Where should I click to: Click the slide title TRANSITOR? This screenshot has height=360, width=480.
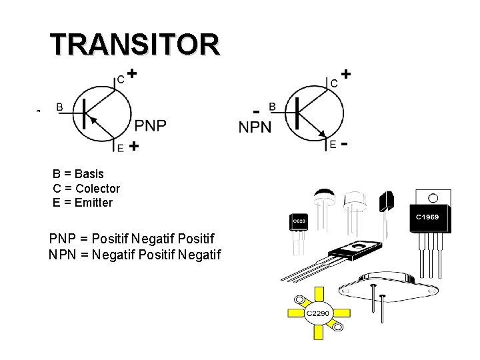pos(134,44)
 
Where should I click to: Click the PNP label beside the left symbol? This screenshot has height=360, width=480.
pos(151,125)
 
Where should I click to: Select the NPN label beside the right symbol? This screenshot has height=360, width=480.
pos(255,127)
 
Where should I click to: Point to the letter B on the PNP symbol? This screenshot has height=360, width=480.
pos(60,106)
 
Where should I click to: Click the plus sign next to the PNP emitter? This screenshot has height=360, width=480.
pos(133,146)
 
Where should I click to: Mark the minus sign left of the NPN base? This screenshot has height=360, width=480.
pos(256,110)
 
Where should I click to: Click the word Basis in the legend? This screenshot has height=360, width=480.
pos(88,174)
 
